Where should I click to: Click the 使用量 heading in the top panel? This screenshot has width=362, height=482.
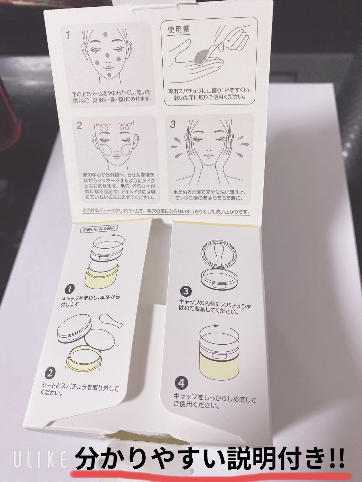[179, 29]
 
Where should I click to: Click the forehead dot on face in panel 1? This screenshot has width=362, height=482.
[105, 34]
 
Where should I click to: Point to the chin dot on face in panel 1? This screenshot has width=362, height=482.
[109, 75]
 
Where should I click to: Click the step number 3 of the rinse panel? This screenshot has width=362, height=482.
[173, 125]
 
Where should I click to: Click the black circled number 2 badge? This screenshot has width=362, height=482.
[50, 373]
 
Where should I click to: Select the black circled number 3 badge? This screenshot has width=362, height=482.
[186, 292]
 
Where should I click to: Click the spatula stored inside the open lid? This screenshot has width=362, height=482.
[219, 256]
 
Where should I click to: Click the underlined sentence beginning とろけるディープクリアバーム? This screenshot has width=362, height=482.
[167, 212]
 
